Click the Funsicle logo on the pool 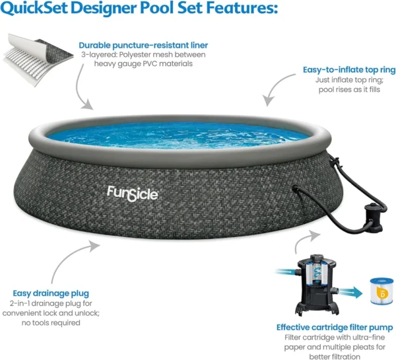[133, 194]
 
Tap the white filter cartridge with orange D [381, 291]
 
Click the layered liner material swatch [38, 59]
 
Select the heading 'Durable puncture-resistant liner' [143, 46]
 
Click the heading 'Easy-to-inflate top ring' [349, 70]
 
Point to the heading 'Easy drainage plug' [51, 293]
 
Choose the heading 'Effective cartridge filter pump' [335, 328]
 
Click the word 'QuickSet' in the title [34, 8]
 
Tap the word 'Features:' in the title [242, 7]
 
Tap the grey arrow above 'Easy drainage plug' [66, 256]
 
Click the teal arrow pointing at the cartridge [350, 293]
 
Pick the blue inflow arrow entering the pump [285, 272]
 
